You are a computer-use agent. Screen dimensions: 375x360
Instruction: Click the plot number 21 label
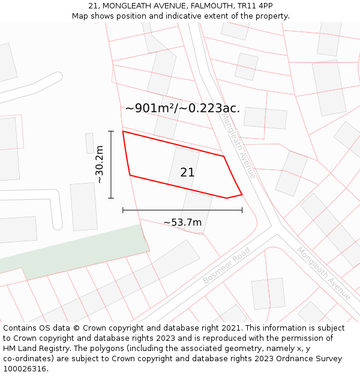[187, 172]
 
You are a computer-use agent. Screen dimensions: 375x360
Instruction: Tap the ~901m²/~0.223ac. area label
[182, 109]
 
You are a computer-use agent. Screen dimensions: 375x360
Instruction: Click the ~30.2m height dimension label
[100, 164]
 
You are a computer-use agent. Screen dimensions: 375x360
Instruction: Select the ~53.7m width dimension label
[182, 223]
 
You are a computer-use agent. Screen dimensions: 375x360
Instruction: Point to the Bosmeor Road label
[226, 266]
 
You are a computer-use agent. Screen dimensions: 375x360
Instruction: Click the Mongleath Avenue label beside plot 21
[239, 146]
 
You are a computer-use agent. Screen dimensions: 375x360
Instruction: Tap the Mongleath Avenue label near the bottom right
[323, 274]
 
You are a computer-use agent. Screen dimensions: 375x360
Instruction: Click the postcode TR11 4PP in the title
[254, 5]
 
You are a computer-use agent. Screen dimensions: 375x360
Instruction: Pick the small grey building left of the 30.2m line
[89, 143]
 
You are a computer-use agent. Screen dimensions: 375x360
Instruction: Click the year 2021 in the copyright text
[231, 328]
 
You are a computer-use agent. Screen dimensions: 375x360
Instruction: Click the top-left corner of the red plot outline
[123, 131]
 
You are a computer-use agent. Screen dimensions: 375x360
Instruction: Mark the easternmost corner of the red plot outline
[242, 194]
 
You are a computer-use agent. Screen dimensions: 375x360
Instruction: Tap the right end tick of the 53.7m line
[242, 210]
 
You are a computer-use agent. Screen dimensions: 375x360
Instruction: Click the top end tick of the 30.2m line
[111, 131]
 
